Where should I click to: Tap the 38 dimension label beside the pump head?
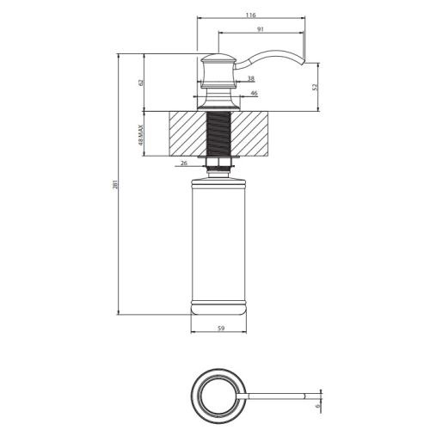(x=226, y=78)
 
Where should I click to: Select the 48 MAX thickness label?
(x=140, y=132)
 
